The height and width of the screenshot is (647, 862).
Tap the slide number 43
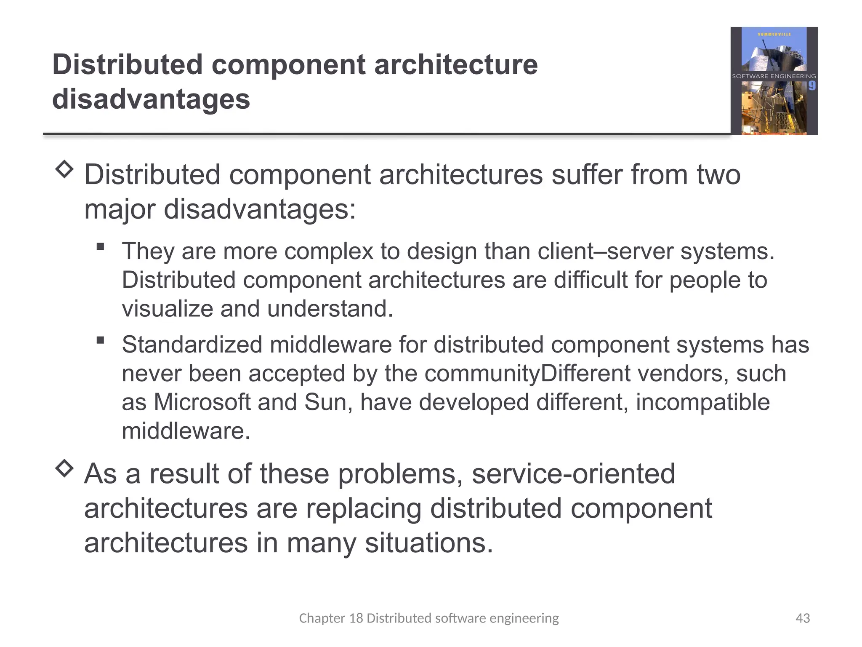coord(802,618)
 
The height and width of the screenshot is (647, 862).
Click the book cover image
coord(774,81)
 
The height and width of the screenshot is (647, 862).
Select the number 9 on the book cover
coord(811,86)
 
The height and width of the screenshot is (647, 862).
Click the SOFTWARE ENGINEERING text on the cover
coord(774,76)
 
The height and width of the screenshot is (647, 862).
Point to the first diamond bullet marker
coord(64,169)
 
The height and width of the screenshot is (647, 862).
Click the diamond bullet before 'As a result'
coord(64,468)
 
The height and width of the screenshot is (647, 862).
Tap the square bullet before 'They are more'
coord(100,246)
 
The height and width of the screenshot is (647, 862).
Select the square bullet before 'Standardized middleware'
coord(100,340)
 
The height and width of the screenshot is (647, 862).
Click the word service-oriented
coord(573,474)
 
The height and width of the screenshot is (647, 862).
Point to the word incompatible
coord(702,402)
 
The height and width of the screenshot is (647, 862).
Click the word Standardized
coord(192,345)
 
